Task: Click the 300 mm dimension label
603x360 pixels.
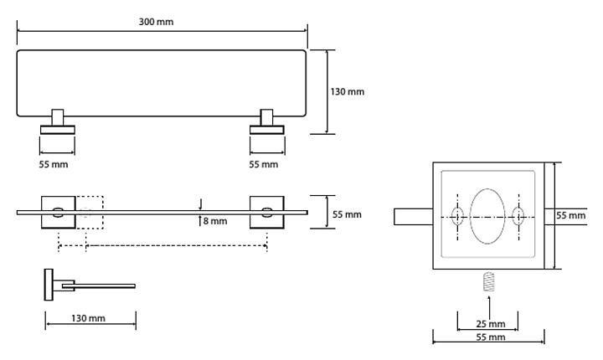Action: pyautogui.click(x=157, y=21)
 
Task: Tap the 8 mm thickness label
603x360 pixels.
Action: pyautogui.click(x=215, y=222)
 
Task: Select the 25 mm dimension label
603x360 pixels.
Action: pyautogui.click(x=490, y=323)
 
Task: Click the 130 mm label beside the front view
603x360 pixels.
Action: pyautogui.click(x=348, y=91)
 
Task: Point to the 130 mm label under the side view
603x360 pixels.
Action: pyautogui.click(x=88, y=319)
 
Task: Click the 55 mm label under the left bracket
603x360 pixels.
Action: pyautogui.click(x=54, y=164)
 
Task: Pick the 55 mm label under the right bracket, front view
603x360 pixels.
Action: pyautogui.click(x=264, y=164)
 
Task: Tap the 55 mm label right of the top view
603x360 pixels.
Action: pyautogui.click(x=347, y=214)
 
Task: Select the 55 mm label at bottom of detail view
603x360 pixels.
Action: pyautogui.click(x=490, y=337)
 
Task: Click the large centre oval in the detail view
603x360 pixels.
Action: pyautogui.click(x=487, y=216)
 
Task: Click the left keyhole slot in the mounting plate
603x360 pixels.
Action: pyautogui.click(x=457, y=216)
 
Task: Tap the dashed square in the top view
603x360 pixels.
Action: pyautogui.click(x=90, y=212)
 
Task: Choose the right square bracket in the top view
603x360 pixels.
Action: pyautogui.click(x=266, y=212)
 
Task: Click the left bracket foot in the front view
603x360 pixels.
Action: pyautogui.click(x=56, y=128)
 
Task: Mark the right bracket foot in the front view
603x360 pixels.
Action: pyautogui.click(x=267, y=128)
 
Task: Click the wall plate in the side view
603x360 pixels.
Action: pyautogui.click(x=49, y=284)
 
